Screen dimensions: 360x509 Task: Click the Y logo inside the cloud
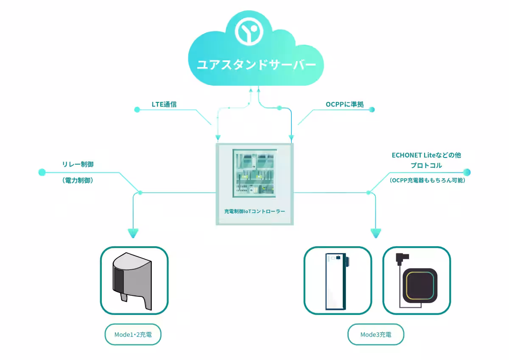pos(250,32)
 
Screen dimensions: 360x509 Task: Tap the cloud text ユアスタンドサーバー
pos(256,65)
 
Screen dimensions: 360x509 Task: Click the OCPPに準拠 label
pos(345,104)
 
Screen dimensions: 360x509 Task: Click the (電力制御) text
pos(78,180)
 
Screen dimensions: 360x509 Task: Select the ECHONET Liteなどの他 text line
pos(426,155)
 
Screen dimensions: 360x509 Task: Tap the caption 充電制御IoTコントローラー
pos(255,211)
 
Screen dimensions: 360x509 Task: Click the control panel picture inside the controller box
pos(255,172)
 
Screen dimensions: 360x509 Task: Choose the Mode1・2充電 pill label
pos(133,335)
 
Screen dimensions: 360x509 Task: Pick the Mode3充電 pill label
pos(376,335)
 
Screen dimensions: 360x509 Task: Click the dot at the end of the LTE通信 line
pos(137,110)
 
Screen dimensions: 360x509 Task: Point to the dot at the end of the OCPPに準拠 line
pos(372,110)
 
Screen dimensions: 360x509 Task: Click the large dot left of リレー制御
pos(42,172)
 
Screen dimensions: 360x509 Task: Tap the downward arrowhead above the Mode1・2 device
pos(133,233)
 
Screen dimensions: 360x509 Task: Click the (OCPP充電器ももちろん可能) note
pos(428,180)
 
